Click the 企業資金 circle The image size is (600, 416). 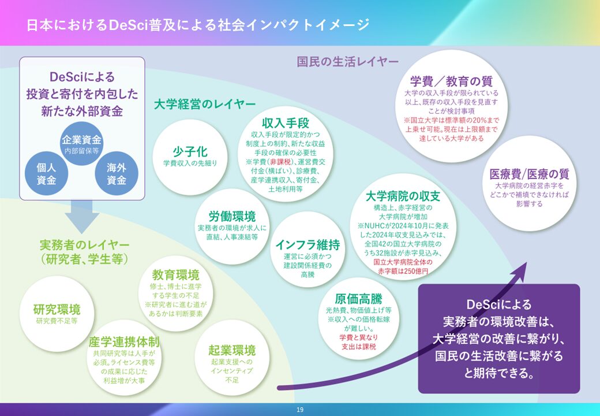pyautogui.click(x=82, y=143)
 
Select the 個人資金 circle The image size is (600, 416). pyautogui.click(x=46, y=173)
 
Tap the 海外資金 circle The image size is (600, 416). pyautogui.click(x=117, y=173)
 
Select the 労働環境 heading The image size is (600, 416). pyautogui.click(x=231, y=217)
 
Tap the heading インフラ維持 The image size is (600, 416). pyautogui.click(x=307, y=244)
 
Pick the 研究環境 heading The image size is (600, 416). pyautogui.click(x=57, y=309)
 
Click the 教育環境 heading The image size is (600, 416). pyautogui.click(x=176, y=274)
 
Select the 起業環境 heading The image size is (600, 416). pyautogui.click(x=232, y=350)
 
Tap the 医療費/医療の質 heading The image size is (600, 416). pyautogui.click(x=529, y=174)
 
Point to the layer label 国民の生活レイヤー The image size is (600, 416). pyautogui.click(x=347, y=61)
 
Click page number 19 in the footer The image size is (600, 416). pyautogui.click(x=299, y=410)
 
